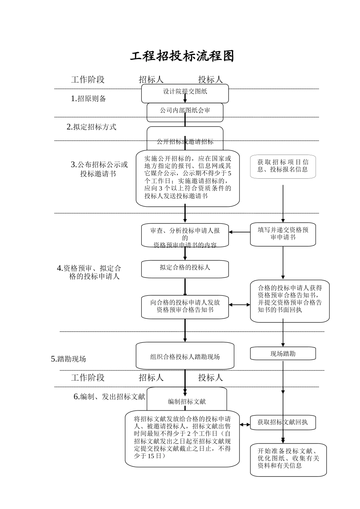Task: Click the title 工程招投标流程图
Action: point(182,56)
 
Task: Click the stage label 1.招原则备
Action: point(88,99)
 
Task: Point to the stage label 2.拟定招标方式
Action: point(91,127)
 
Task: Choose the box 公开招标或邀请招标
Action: point(185,141)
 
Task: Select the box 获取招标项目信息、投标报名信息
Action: point(283,166)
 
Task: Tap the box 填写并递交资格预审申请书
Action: point(283,234)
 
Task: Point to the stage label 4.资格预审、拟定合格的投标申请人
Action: point(89,272)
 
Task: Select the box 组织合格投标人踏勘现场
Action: point(185,357)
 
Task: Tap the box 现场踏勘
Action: point(283,354)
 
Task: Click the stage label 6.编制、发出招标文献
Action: point(109,397)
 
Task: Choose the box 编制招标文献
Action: point(187,401)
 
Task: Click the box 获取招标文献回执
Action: point(283,422)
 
